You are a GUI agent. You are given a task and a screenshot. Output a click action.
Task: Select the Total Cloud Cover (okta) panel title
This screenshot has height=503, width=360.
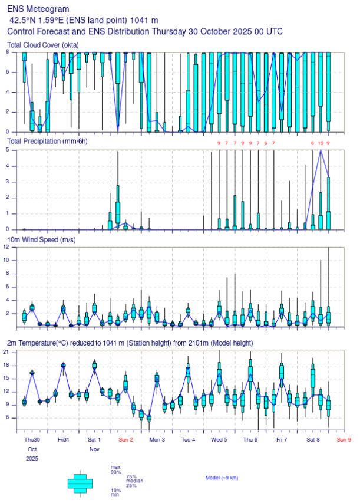point(51,45)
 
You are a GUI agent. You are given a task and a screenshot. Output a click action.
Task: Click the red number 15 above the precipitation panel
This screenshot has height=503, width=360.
point(320,143)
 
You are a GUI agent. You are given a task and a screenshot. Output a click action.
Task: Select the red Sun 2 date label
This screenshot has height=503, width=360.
point(126,439)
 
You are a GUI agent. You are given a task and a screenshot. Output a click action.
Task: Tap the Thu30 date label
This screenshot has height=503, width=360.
point(32,439)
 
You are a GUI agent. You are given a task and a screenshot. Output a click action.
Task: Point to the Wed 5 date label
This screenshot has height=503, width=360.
point(220,439)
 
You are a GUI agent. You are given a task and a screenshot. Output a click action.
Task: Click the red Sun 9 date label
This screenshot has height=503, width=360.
point(344,439)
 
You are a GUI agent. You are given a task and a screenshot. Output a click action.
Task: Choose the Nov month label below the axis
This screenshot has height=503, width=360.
point(93,449)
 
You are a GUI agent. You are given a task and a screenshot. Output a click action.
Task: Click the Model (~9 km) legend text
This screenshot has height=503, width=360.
point(222,478)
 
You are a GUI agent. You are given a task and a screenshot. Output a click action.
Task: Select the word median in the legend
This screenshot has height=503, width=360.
point(134,481)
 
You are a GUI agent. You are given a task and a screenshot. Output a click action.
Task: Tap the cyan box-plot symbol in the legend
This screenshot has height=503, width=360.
point(80,484)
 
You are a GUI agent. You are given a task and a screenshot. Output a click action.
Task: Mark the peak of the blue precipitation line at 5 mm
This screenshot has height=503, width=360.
point(321,150)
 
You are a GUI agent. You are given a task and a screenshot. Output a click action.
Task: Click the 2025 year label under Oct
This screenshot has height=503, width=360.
point(32,458)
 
